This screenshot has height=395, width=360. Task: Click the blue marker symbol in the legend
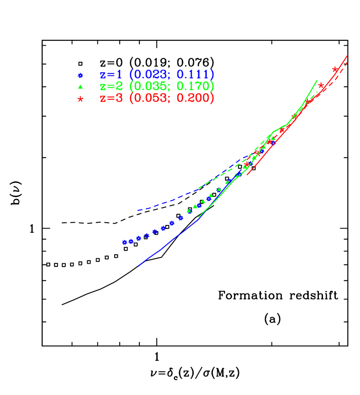80,75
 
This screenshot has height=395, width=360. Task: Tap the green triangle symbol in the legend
80,86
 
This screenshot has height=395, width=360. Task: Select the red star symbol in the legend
80,99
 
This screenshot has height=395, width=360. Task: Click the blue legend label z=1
111,75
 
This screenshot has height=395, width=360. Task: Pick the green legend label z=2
111,86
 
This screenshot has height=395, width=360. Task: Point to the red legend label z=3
111,98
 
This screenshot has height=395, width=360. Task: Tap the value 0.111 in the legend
193,75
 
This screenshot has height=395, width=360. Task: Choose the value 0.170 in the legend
193,86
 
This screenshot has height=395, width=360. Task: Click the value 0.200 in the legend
193,98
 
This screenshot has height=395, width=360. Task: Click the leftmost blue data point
124,242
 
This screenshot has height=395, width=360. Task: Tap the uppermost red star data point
335,69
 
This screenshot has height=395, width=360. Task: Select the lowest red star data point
247,164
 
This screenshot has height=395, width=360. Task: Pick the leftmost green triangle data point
189,211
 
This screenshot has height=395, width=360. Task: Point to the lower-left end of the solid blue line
138,266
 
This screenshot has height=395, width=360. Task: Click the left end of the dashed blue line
138,210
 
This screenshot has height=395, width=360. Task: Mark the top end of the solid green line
317,80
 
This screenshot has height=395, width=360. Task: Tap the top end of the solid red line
348,55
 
